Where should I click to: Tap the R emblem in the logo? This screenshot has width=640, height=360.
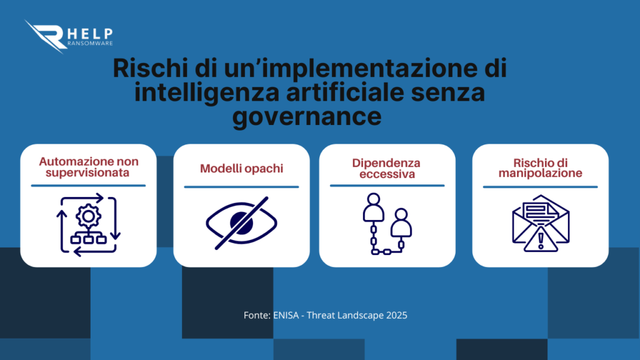(x=47, y=36)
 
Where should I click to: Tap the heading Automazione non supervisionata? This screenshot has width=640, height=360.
(x=87, y=167)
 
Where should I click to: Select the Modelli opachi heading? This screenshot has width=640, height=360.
(x=241, y=169)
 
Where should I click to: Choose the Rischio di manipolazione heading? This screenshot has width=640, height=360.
(x=540, y=167)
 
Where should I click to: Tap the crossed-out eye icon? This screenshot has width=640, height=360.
(x=241, y=221)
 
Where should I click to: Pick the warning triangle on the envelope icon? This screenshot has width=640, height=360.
(x=541, y=240)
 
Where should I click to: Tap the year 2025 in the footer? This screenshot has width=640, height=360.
(x=396, y=316)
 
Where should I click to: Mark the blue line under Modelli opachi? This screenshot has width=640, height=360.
(x=241, y=186)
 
